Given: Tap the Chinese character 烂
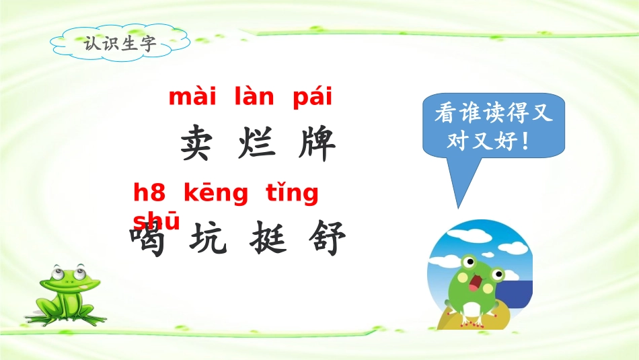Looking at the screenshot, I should click(257, 143).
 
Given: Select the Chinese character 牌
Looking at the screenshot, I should click(316, 143).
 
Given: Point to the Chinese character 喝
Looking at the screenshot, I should click(149, 240).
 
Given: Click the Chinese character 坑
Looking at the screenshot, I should click(207, 240).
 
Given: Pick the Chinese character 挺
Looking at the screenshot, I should click(268, 240).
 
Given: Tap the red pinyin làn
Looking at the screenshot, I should click(254, 98).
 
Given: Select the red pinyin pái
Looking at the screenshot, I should click(313, 98).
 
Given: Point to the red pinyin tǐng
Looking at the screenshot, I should click(291, 194).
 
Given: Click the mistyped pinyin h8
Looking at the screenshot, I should click(149, 194).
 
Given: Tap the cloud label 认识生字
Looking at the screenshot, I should click(120, 44).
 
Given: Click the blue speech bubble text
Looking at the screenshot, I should click(493, 127).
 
